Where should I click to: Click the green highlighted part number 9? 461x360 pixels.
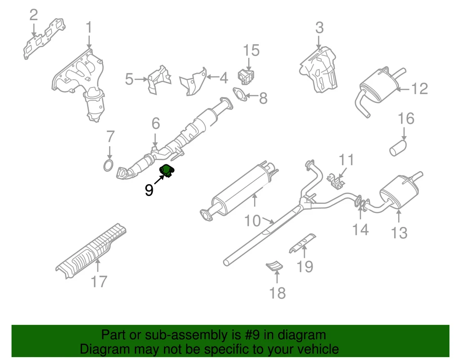(x=167, y=171)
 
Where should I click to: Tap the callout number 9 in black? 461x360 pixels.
(x=149, y=190)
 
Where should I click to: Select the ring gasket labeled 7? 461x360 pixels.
(x=109, y=166)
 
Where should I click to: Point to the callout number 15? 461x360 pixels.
(x=251, y=50)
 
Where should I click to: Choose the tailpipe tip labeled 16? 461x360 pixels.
(x=398, y=148)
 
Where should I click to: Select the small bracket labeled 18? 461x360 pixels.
(x=274, y=265)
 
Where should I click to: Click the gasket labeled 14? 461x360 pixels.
(x=360, y=206)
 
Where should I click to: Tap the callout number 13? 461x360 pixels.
(x=399, y=233)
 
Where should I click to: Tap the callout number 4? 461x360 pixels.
(x=223, y=78)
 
